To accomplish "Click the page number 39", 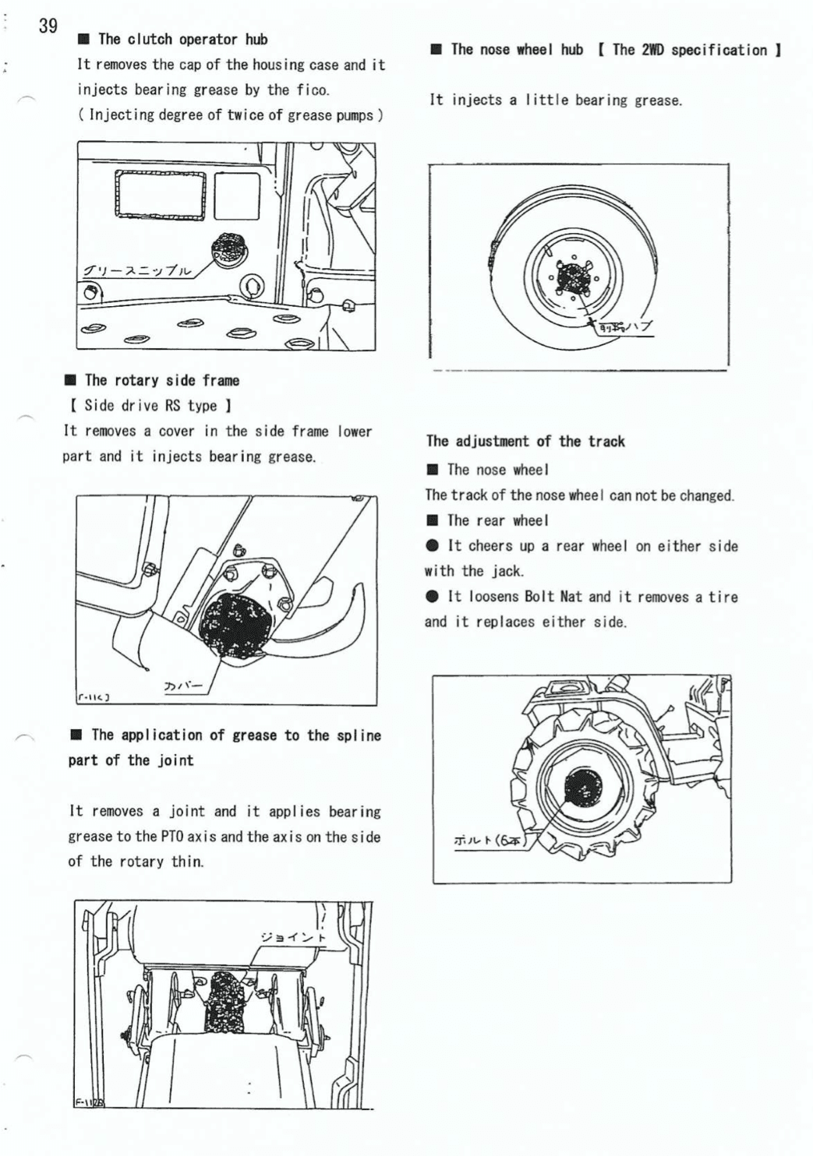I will coord(48,26).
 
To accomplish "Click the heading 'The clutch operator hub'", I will coord(182,40).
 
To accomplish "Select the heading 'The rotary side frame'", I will coord(161,381).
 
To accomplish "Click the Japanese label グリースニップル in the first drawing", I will coord(138,271).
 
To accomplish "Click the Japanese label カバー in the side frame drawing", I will coord(184,686).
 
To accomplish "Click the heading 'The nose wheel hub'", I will coord(516,50).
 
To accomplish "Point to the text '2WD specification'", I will coord(689,51).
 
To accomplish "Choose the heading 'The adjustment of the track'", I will coord(525,442).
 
